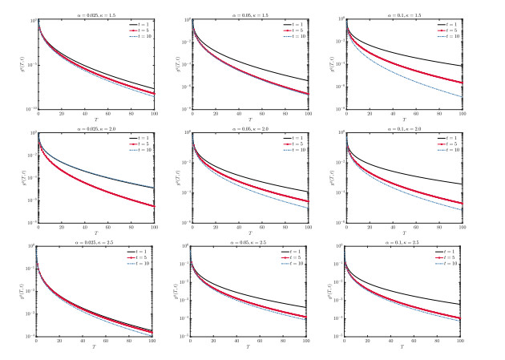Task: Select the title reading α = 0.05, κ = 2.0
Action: [x=247, y=127]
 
